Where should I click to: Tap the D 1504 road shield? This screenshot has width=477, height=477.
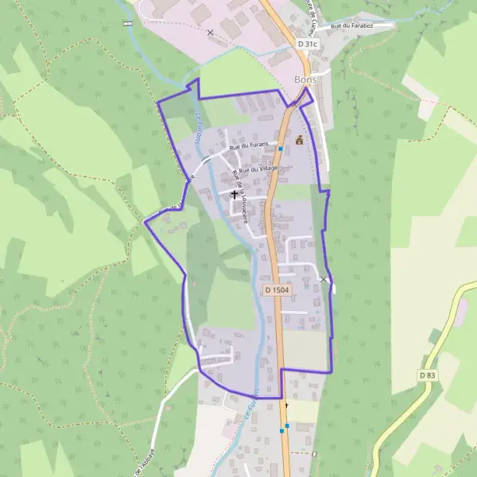275,291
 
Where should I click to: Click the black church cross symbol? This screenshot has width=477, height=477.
235,193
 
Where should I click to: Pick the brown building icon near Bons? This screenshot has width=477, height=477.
300,140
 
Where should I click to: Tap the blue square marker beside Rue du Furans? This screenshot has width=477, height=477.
281,149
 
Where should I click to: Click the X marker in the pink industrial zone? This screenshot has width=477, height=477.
210,33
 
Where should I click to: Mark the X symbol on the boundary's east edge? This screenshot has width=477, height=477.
324,280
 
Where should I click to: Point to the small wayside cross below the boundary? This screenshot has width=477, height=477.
287,405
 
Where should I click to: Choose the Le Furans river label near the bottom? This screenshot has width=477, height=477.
254,406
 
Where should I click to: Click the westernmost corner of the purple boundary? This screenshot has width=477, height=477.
144,223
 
